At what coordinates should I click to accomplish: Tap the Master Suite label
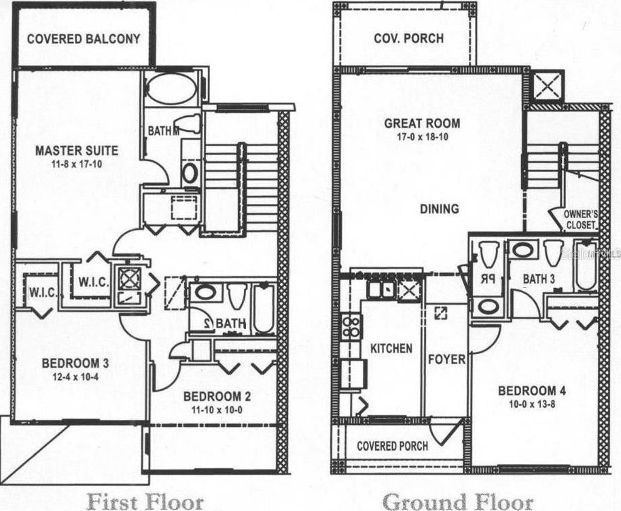pyautogui.click(x=77, y=150)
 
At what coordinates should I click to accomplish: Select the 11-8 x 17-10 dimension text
pyautogui.click(x=77, y=164)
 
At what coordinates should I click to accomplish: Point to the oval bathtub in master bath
pyautogui.click(x=172, y=89)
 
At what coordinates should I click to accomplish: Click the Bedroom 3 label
pyautogui.click(x=71, y=364)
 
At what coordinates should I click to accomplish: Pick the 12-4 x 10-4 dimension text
pyautogui.click(x=71, y=376)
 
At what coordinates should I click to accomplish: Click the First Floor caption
pyautogui.click(x=145, y=501)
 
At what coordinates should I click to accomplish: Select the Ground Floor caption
pyautogui.click(x=457, y=501)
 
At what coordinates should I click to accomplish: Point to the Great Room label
pyautogui.click(x=421, y=124)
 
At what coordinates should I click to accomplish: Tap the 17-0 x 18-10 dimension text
pyautogui.click(x=421, y=137)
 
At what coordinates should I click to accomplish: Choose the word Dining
pyautogui.click(x=440, y=209)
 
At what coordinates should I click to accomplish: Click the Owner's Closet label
pyautogui.click(x=580, y=219)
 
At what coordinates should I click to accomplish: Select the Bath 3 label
pyautogui.click(x=539, y=279)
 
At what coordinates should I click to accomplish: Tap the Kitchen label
pyautogui.click(x=391, y=348)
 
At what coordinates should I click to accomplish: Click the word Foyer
pyautogui.click(x=446, y=358)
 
